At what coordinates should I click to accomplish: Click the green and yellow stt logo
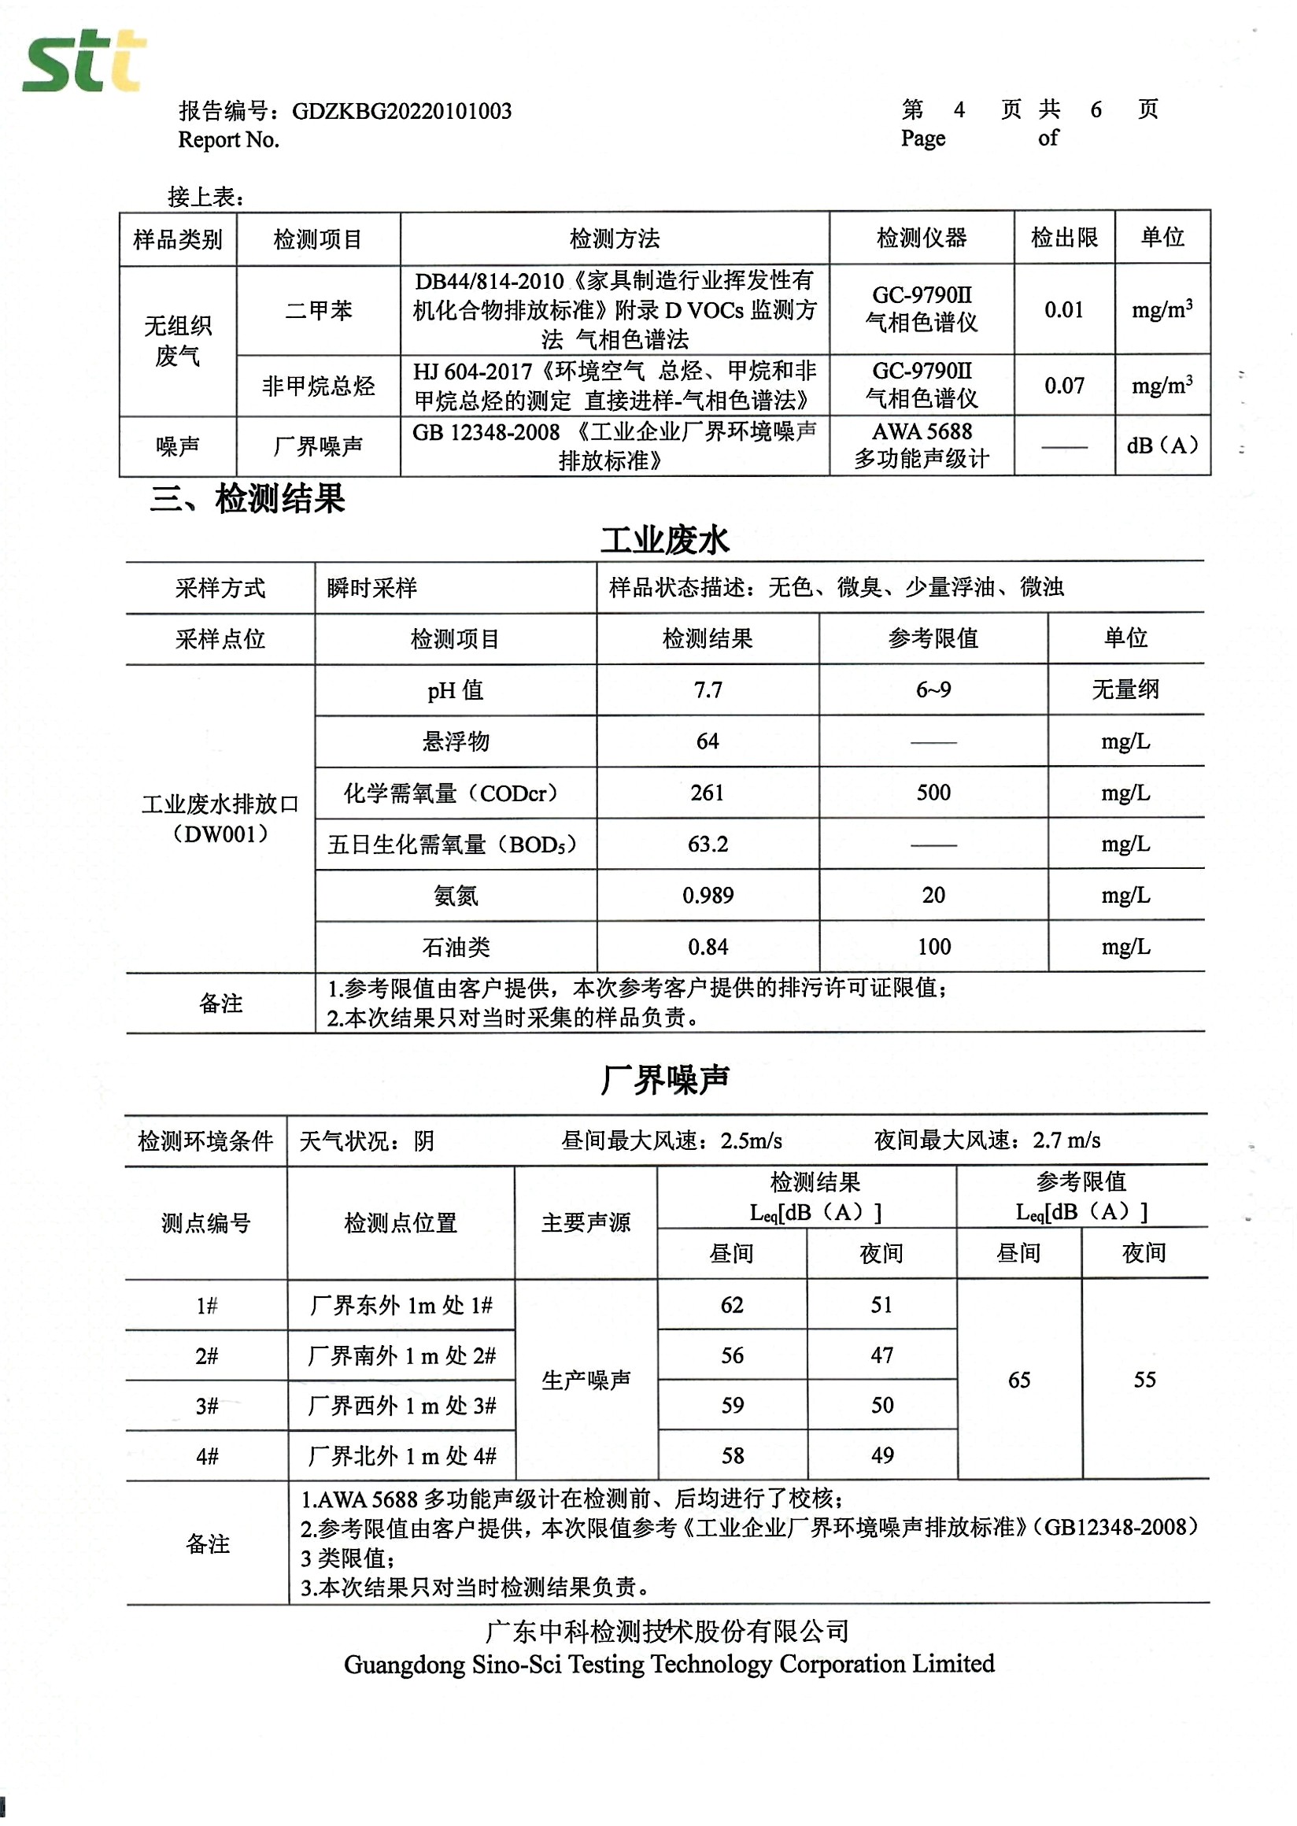pyautogui.click(x=84, y=61)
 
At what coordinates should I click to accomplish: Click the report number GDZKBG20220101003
pyautogui.click(x=401, y=111)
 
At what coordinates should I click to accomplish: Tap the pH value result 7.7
pyautogui.click(x=708, y=689)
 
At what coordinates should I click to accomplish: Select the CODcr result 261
pyautogui.click(x=707, y=793)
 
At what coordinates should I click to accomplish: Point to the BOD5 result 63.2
pyautogui.click(x=708, y=844)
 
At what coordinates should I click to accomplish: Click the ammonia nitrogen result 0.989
pyautogui.click(x=708, y=895)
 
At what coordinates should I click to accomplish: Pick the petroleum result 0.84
pyautogui.click(x=708, y=947)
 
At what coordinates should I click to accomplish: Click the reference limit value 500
pyautogui.click(x=933, y=793)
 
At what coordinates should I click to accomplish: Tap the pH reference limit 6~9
pyautogui.click(x=933, y=689)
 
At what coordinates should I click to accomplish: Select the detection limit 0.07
pyautogui.click(x=1064, y=386)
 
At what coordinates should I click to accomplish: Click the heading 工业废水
pyautogui.click(x=664, y=541)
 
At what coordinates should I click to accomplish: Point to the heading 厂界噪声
pyautogui.click(x=664, y=1080)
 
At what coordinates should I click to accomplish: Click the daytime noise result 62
pyautogui.click(x=732, y=1304)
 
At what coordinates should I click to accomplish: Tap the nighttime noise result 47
pyautogui.click(x=881, y=1355)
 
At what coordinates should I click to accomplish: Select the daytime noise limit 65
pyautogui.click(x=1018, y=1380)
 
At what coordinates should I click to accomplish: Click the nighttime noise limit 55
pyautogui.click(x=1144, y=1380)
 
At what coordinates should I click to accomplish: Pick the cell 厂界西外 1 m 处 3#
pyautogui.click(x=401, y=1405)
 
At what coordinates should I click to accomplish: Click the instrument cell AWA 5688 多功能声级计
pyautogui.click(x=922, y=445)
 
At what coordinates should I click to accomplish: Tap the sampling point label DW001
pyautogui.click(x=220, y=834)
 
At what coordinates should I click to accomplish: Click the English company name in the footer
pyautogui.click(x=668, y=1663)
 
